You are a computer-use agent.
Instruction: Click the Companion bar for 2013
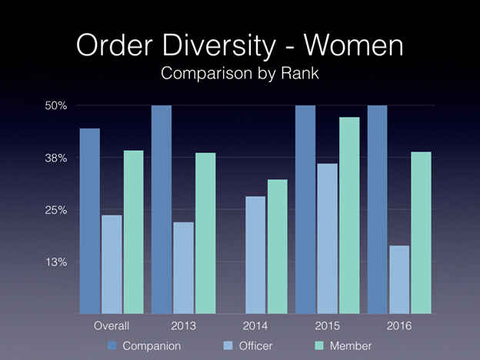[x=161, y=209]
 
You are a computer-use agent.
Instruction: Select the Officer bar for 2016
[x=398, y=280]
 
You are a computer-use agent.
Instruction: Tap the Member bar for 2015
[x=348, y=215]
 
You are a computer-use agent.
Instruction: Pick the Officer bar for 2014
[x=255, y=255]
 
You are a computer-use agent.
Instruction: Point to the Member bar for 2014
[x=277, y=247]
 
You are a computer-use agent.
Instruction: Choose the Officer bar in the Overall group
[x=112, y=265]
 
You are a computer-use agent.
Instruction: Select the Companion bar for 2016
[x=377, y=209]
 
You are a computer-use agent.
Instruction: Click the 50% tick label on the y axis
[x=56, y=105]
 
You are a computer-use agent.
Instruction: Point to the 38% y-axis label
[x=56, y=158]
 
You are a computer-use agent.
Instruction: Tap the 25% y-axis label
[x=56, y=210]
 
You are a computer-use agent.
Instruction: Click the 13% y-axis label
[x=56, y=262]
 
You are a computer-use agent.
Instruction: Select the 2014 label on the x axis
[x=255, y=326]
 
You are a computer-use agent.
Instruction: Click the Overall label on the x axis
[x=111, y=326]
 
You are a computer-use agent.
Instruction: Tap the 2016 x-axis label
[x=399, y=326]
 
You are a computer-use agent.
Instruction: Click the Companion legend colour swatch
[x=112, y=346]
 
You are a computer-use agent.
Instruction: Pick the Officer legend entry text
[x=255, y=346]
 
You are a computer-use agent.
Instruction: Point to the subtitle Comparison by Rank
[x=239, y=75]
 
